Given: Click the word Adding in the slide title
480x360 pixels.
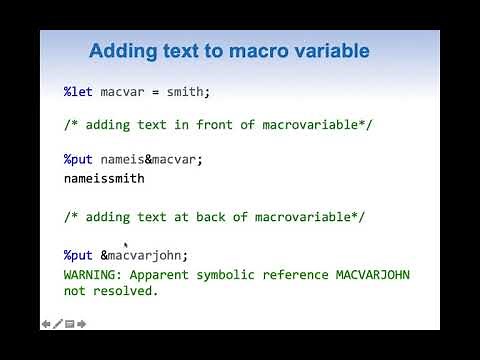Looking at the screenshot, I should pos(123,50).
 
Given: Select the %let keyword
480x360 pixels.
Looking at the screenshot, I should pos(79,92).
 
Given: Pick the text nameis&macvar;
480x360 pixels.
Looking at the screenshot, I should pos(152,159).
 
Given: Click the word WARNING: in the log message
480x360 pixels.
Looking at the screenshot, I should pos(95,274).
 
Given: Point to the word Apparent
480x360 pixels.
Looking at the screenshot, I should pos(164,274).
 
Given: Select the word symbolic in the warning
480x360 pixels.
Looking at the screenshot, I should pos(234,274).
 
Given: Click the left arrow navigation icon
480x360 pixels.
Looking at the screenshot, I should pos(47,323).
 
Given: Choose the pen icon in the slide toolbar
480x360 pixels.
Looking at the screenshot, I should pos(58,323).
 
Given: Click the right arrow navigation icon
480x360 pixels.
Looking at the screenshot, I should pos(82,323).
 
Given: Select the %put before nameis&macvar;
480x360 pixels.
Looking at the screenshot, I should pos(79,159).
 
